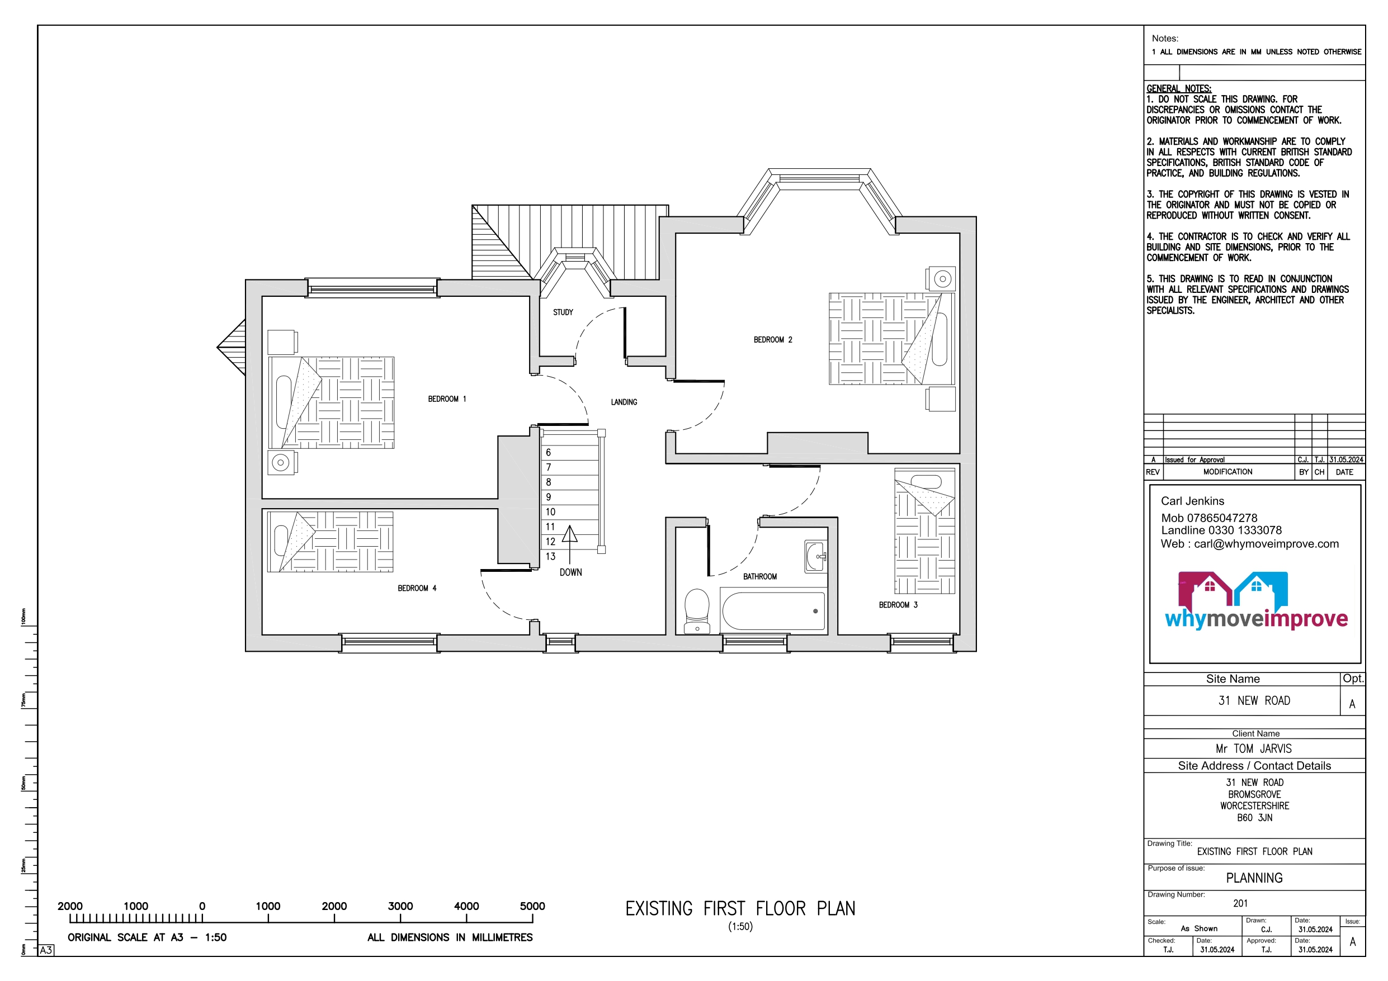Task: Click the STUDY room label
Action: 563,312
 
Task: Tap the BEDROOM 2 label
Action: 773,340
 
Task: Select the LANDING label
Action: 624,402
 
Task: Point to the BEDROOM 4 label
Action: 417,588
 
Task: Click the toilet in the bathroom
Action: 697,611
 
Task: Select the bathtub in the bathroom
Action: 773,611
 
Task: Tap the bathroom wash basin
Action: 816,556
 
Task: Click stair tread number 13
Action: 550,557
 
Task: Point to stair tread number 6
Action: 548,452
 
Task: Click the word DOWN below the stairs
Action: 570,572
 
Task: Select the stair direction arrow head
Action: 569,533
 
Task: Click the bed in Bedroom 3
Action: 924,531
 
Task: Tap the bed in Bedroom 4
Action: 330,542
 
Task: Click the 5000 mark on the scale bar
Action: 532,906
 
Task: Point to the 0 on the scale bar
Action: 202,906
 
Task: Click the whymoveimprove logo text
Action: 1256,619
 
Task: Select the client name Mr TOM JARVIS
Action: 1254,749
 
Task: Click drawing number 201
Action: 1240,903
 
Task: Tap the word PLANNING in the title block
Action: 1254,878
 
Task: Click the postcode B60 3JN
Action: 1254,818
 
